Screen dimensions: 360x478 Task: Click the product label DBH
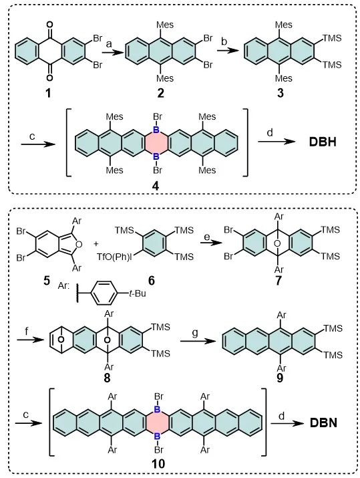(x=323, y=142)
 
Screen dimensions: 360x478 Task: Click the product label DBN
(x=323, y=423)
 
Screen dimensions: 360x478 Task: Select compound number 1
(x=48, y=93)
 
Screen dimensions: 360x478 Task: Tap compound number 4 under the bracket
(x=156, y=186)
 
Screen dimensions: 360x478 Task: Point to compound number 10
(x=158, y=464)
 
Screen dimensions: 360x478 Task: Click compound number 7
(x=279, y=280)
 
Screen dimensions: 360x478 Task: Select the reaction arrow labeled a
(x=113, y=52)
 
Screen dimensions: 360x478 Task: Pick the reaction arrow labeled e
(x=211, y=243)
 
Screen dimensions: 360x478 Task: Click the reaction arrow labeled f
(x=29, y=340)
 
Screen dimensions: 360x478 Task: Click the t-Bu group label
(x=137, y=293)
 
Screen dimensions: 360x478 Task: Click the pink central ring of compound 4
(x=156, y=144)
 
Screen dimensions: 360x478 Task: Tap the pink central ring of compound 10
(x=157, y=423)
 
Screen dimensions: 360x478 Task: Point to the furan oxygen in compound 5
(x=79, y=244)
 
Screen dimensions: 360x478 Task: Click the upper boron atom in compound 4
(x=156, y=130)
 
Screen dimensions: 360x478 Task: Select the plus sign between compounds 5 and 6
(x=96, y=243)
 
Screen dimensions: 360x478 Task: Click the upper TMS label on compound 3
(x=333, y=38)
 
